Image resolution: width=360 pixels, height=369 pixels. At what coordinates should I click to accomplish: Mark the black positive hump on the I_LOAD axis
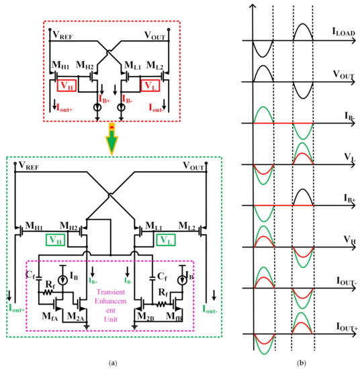pos(302,32)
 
